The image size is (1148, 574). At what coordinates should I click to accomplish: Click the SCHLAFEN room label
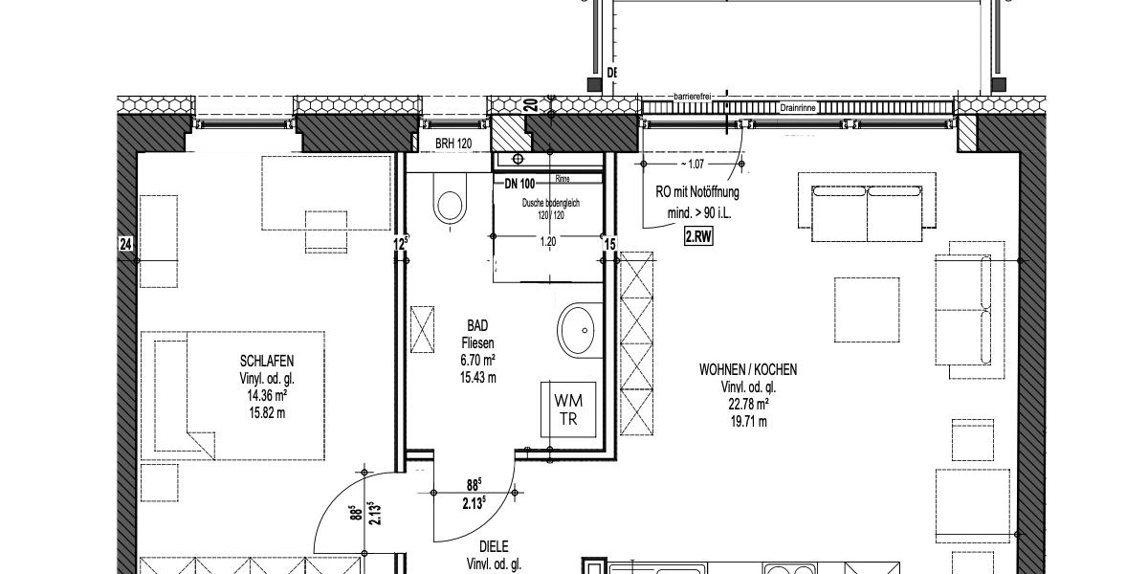[x=266, y=361]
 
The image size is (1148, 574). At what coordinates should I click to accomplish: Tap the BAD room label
[x=475, y=326]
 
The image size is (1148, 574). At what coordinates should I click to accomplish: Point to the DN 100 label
[x=519, y=183]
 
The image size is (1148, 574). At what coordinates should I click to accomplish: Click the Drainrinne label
[x=796, y=109]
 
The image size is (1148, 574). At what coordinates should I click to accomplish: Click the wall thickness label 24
[x=124, y=245]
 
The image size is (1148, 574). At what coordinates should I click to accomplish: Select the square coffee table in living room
[x=866, y=308]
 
